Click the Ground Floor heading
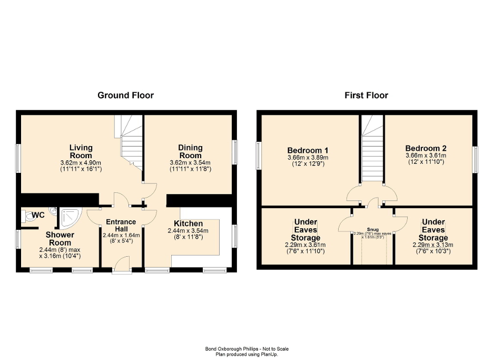pyautogui.click(x=125, y=95)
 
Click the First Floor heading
pyautogui.click(x=366, y=95)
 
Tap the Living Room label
pyautogui.click(x=81, y=151)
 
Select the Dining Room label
pyautogui.click(x=190, y=151)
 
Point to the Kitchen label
pyautogui.click(x=188, y=223)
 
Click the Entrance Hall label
pyautogui.click(x=121, y=225)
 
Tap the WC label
pyautogui.click(x=38, y=215)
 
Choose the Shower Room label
pyautogui.click(x=60, y=238)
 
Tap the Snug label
pyautogui.click(x=372, y=229)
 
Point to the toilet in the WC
pyautogui.click(x=27, y=216)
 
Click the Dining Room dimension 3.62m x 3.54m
pyautogui.click(x=190, y=163)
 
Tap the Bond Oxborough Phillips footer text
pyautogui.click(x=246, y=348)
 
